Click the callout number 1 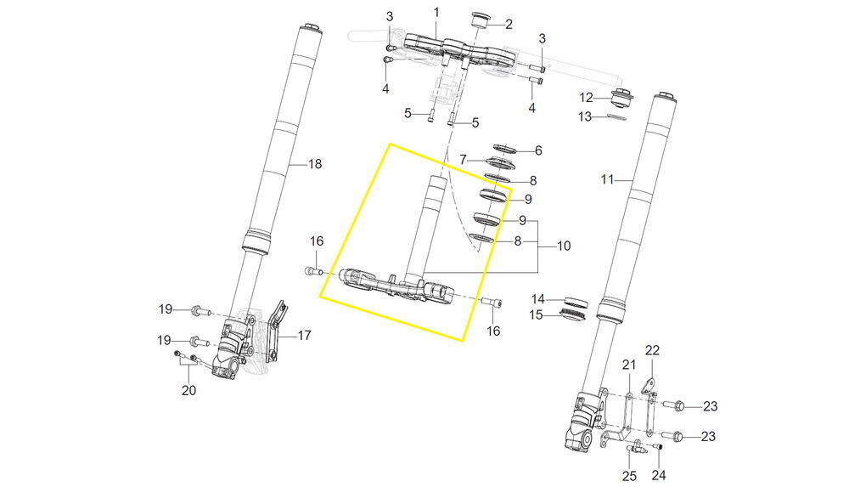tap(436, 12)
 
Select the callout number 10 tap(564, 246)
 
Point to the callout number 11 tap(608, 179)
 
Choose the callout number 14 tap(537, 299)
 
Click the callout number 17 tap(304, 336)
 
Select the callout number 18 tap(315, 164)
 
